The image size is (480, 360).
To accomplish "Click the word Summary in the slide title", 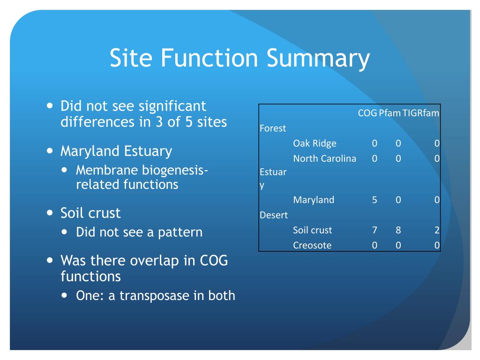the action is [x=318, y=59].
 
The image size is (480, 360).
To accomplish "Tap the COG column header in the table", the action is [x=367, y=113].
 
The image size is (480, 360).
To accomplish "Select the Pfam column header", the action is [x=390, y=113].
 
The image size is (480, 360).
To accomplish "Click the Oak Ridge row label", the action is [x=315, y=143].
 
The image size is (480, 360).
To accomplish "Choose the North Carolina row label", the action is [x=324, y=158].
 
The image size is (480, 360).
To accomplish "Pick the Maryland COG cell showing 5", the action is [x=375, y=200].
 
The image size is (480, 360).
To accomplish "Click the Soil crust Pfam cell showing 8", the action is [x=398, y=230].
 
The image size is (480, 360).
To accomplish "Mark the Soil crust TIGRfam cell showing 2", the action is [x=436, y=230].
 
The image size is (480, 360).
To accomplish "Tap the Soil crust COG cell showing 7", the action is [x=375, y=230].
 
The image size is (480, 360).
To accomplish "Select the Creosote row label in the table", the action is [x=312, y=245].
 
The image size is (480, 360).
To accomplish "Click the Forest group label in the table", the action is [x=272, y=128].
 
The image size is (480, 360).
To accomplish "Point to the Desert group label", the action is [x=273, y=215].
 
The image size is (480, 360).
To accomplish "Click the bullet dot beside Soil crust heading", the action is [x=50, y=213].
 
